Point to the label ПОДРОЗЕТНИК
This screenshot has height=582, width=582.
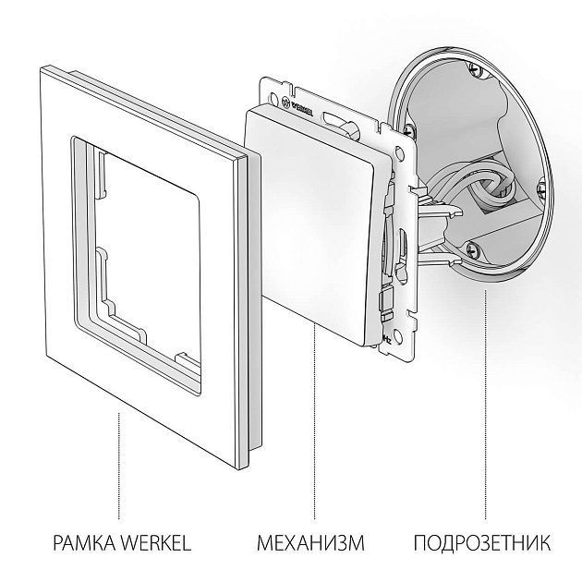481,542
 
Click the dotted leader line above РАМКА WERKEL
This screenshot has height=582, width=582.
118,462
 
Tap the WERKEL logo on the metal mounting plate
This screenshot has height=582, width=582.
306,97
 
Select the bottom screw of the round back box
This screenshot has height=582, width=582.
474,247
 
